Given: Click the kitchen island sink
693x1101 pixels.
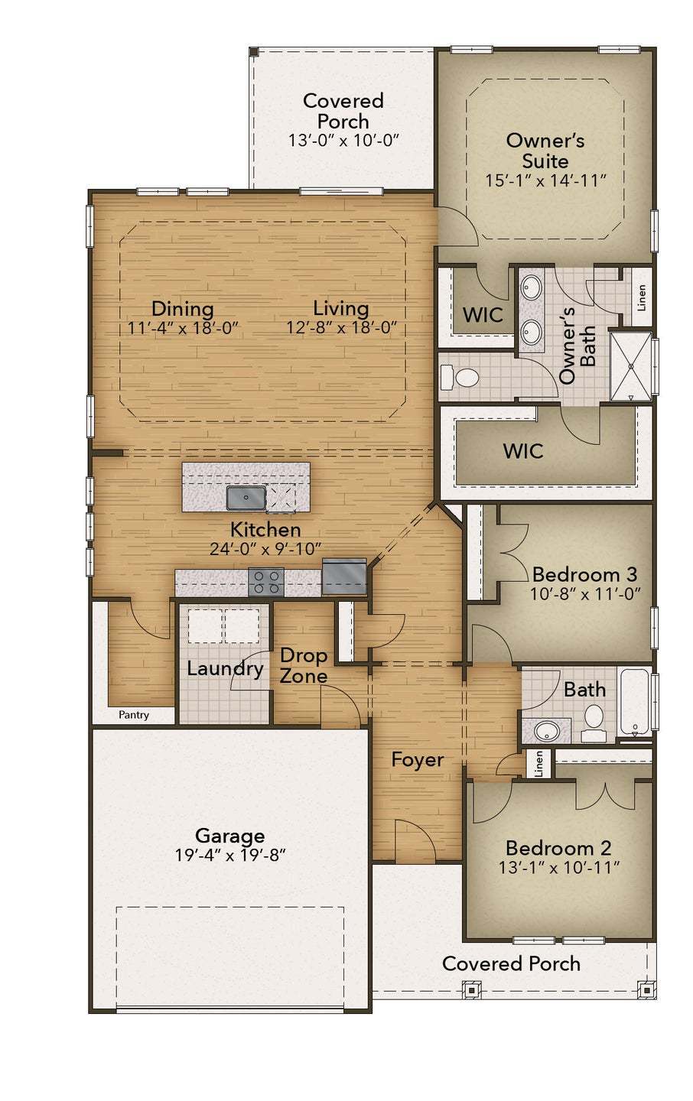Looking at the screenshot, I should (246, 498).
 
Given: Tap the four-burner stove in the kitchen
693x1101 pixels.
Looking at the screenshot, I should (266, 582).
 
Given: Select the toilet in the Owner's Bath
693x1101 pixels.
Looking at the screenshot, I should (461, 377).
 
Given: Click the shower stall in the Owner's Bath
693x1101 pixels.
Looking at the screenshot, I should (630, 366).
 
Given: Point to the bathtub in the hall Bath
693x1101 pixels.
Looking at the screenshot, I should (634, 702).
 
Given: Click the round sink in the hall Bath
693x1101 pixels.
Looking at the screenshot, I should (547, 730).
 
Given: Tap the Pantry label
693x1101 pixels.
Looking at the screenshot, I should (134, 715).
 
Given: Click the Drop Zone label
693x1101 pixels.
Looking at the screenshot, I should (303, 666).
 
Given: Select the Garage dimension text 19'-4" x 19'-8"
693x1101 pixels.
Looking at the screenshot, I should (229, 855).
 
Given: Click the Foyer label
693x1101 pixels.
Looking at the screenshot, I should (417, 759).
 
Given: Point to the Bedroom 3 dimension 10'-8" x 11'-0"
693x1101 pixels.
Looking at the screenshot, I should (584, 594).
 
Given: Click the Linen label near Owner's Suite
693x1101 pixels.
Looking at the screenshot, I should (642, 297).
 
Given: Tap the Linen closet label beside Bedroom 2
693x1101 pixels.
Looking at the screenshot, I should (538, 763).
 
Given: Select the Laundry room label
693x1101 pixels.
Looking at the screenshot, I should (225, 668).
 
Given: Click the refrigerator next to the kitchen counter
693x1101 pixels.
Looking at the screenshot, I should (344, 576).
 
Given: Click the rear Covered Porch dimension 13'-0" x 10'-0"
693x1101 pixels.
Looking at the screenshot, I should (343, 141).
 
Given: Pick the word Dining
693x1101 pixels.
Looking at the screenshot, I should (182, 308).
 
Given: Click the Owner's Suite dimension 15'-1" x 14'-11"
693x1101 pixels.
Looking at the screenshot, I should (545, 180).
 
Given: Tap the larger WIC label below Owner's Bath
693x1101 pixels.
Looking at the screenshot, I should (523, 451).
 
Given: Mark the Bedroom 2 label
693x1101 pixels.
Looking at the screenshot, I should (558, 848).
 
